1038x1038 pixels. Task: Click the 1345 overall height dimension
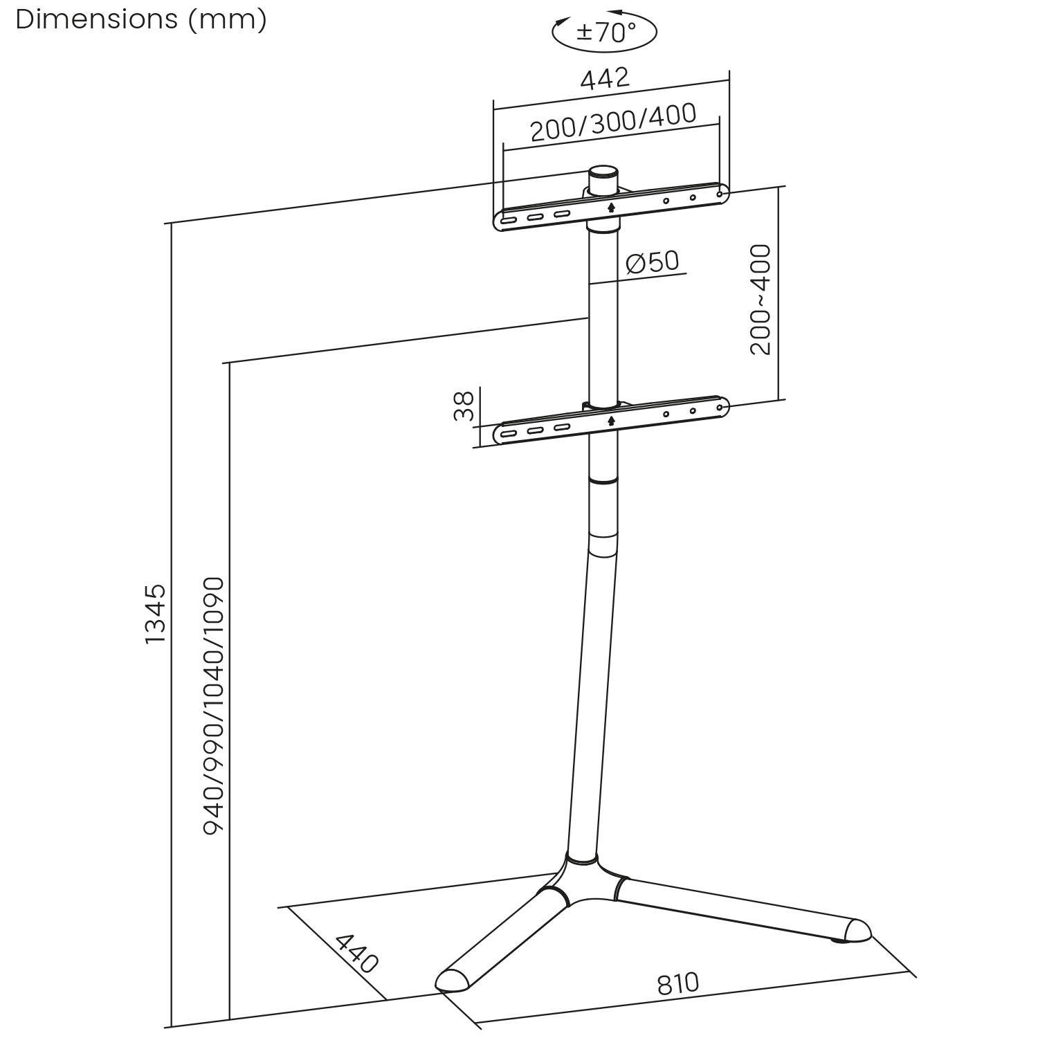155,613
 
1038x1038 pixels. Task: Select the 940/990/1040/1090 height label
214,704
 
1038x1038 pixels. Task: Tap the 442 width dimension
605,79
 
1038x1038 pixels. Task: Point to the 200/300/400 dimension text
613,122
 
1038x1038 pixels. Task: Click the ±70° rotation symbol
604,32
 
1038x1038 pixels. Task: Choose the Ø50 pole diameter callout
652,262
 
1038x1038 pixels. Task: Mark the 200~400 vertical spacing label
760,299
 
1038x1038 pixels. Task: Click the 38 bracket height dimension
464,406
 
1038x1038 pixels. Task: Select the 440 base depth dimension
356,953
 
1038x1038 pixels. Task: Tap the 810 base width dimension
677,984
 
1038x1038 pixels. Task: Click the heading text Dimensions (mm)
140,19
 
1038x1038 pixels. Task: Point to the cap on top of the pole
603,172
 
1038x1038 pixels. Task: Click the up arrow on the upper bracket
610,206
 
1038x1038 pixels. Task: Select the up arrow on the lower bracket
610,420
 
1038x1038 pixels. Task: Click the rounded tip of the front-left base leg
451,981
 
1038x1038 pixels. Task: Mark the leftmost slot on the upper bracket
509,221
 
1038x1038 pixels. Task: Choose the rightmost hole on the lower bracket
719,408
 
